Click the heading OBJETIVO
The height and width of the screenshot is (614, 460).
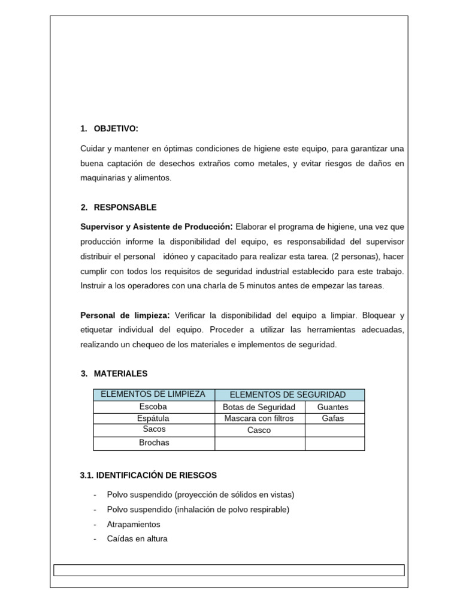point(116,129)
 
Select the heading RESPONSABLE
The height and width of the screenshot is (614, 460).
point(125,207)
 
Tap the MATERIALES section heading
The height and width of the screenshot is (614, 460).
point(120,374)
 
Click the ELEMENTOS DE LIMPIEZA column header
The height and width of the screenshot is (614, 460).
point(153,395)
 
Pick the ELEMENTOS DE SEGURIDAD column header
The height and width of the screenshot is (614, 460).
point(289,395)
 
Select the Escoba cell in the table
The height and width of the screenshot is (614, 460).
point(153,407)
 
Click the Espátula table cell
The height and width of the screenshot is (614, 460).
point(153,418)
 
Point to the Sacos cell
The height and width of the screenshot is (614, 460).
point(153,429)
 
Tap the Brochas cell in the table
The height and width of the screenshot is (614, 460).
point(153,443)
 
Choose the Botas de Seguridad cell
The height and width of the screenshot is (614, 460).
point(259,407)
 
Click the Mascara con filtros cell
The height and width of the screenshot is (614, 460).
point(259,419)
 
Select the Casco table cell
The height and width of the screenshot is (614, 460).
point(259,430)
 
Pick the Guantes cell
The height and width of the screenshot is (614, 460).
point(332,407)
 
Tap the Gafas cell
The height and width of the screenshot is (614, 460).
point(332,419)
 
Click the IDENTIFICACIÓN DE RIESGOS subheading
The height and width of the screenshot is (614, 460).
point(148,475)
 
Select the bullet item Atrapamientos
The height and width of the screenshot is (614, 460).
point(134,524)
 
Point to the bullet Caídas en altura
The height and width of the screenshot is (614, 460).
point(137,538)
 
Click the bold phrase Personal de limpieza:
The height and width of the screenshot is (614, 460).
point(125,315)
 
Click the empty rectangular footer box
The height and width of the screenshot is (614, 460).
point(229,570)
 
